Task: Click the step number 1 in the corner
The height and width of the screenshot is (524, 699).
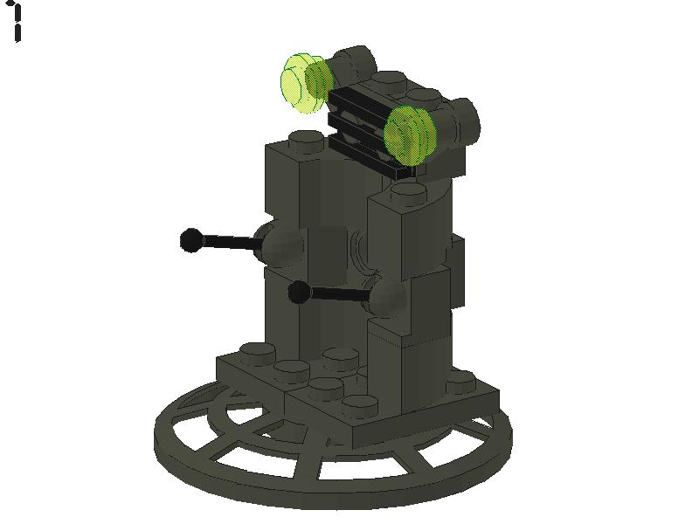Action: [x=17, y=23]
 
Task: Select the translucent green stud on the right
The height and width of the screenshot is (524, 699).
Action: [x=409, y=134]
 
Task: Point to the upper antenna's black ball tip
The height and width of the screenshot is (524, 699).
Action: [x=191, y=239]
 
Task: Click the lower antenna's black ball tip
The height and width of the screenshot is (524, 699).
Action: [x=299, y=293]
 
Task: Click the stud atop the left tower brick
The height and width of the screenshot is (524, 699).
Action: [x=304, y=139]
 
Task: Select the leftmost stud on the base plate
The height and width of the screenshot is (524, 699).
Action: [x=254, y=351]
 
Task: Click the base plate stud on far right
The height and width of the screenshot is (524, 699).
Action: [x=460, y=381]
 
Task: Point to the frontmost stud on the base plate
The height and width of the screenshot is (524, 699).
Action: [x=359, y=404]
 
